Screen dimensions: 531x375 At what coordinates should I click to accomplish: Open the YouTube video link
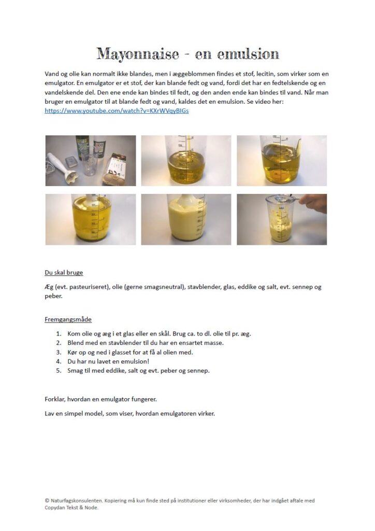(117, 111)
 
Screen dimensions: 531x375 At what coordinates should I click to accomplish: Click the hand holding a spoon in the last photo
(311, 202)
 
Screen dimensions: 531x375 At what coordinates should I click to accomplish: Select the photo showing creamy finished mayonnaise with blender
(186, 219)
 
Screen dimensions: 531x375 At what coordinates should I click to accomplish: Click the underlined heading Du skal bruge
(64, 272)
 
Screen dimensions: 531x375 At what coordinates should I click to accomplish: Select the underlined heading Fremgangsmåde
(68, 319)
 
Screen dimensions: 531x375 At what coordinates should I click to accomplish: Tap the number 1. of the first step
(59, 334)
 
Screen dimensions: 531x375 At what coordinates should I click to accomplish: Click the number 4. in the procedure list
(59, 362)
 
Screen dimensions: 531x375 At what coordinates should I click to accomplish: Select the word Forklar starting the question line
(56, 399)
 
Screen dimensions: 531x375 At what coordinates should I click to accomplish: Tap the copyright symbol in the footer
(47, 501)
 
